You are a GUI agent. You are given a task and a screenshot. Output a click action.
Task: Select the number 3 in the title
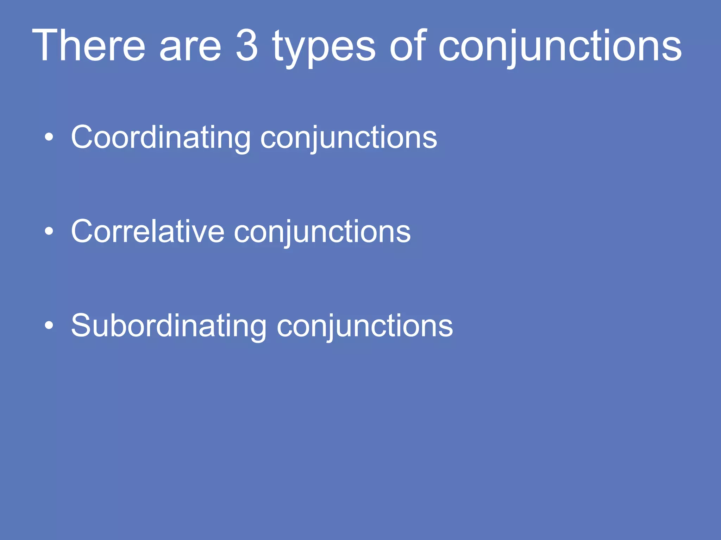[x=247, y=46]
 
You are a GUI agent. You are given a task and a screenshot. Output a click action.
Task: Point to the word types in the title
[x=324, y=47]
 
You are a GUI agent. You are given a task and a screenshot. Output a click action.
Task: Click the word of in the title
[x=408, y=46]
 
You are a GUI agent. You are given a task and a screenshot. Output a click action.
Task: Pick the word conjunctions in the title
[x=560, y=47]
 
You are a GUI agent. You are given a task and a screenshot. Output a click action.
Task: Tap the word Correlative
[x=148, y=232]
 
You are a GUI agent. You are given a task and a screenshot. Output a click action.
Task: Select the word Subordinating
[x=169, y=326]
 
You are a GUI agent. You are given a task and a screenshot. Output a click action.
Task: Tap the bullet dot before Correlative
[x=49, y=231]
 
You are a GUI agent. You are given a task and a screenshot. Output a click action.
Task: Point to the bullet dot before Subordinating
[x=49, y=326]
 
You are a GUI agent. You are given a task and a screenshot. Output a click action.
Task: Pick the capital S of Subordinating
[x=82, y=326]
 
